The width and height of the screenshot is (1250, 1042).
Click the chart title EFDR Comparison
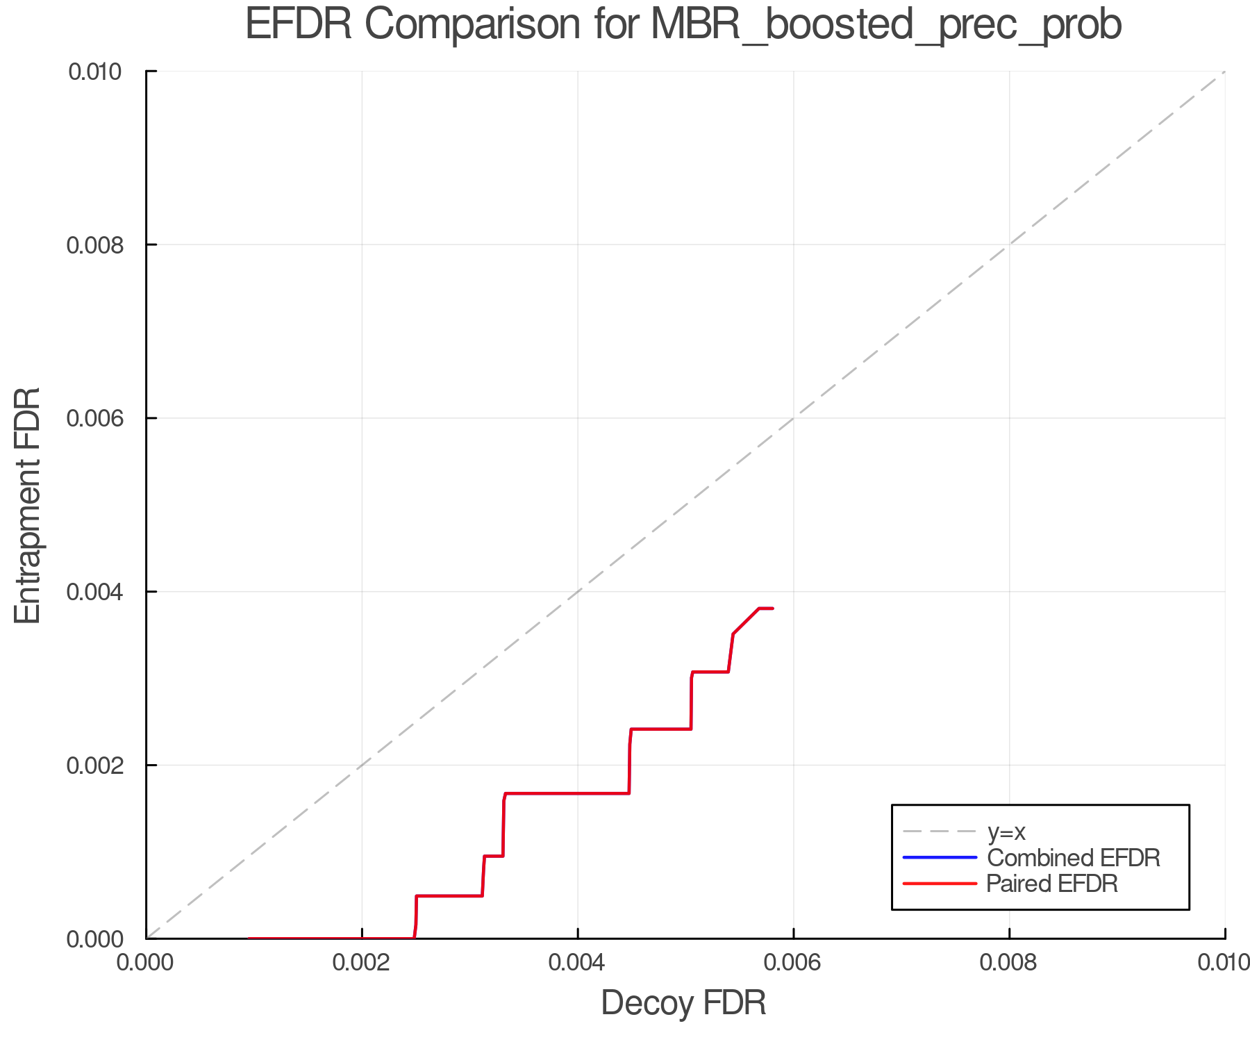pyautogui.click(x=683, y=25)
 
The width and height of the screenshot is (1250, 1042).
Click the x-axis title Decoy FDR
pyautogui.click(x=683, y=1003)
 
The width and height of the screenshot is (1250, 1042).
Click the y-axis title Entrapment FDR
pyautogui.click(x=28, y=506)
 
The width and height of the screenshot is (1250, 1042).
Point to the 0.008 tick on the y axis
pyautogui.click(x=102, y=245)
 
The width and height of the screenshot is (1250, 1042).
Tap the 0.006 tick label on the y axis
pyautogui.click(x=102, y=418)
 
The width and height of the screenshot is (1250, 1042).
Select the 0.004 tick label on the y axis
pyautogui.click(x=102, y=592)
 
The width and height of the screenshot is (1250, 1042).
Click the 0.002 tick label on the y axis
pyautogui.click(x=102, y=766)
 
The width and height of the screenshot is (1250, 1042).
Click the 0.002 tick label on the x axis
pyautogui.click(x=362, y=963)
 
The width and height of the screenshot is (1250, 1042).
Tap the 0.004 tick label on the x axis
pyautogui.click(x=578, y=963)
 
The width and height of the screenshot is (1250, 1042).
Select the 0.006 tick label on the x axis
pyautogui.click(x=794, y=963)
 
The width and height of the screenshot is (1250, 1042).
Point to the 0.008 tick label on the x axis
pyautogui.click(x=1009, y=963)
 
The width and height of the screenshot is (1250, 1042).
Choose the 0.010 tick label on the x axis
pyautogui.click(x=1224, y=963)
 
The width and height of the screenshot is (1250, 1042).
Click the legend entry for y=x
pyautogui.click(x=1006, y=832)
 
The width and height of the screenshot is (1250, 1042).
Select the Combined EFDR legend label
pyautogui.click(x=1073, y=858)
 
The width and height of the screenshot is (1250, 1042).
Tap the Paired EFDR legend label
pyautogui.click(x=1051, y=884)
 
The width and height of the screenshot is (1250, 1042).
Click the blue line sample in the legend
pyautogui.click(x=940, y=858)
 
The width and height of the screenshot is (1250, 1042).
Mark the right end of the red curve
pyautogui.click(x=772, y=609)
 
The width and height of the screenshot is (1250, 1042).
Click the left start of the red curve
pyautogui.click(x=249, y=938)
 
